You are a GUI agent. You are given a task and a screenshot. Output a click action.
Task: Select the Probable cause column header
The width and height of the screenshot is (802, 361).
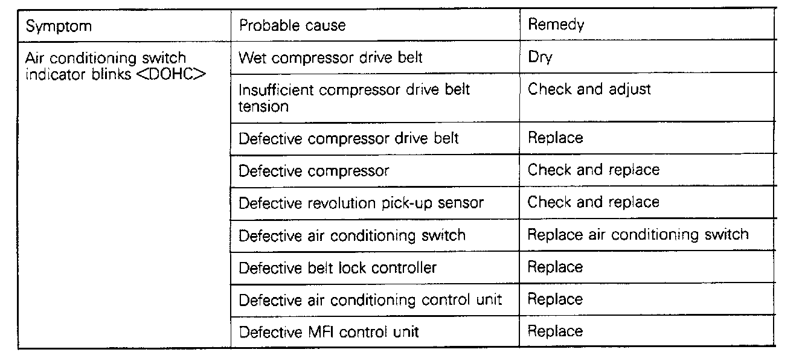[292, 25]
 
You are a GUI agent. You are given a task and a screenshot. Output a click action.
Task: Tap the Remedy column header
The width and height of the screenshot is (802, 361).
[556, 25]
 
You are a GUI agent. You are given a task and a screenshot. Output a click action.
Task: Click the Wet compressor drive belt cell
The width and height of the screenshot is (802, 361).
[330, 58]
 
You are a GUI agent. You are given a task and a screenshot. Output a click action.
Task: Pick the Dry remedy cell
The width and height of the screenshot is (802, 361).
[541, 58]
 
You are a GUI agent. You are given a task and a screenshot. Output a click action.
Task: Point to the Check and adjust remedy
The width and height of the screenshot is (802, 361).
[589, 89]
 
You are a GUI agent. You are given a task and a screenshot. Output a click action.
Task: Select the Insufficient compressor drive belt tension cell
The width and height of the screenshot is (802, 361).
[354, 98]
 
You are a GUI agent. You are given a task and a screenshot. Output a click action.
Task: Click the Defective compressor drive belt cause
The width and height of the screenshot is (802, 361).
[348, 138]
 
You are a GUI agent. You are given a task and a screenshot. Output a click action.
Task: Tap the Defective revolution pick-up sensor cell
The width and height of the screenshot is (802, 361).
[361, 203]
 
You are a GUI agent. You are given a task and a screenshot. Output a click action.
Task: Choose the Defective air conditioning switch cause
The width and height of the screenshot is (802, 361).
[352, 235]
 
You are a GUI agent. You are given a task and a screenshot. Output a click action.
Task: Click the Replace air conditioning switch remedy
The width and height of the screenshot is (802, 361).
[638, 234]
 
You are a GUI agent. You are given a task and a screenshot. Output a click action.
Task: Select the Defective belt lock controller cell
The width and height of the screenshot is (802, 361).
[338, 267]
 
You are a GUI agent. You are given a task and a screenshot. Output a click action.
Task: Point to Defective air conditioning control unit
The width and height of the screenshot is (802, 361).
[370, 299]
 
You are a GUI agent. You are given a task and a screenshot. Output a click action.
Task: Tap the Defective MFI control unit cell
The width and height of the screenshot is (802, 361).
[329, 331]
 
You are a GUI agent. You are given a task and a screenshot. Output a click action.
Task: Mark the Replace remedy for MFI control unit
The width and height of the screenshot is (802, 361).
[556, 331]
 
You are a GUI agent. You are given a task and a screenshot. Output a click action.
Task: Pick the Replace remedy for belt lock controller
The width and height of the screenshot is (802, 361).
[556, 267]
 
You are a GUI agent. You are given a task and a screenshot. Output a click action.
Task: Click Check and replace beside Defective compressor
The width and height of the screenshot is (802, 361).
[594, 170]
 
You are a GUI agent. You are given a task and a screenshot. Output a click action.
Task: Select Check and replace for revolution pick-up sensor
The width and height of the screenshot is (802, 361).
[594, 202]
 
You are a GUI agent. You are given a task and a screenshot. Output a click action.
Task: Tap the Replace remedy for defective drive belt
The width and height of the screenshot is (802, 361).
[556, 138]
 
